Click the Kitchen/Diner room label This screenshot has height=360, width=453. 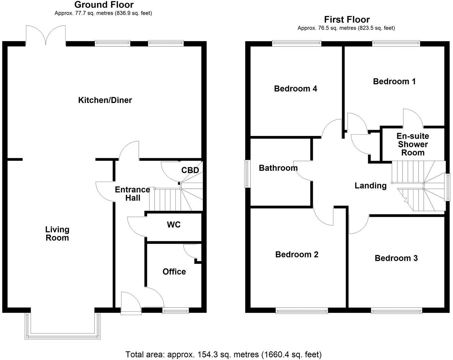pyautogui.click(x=105, y=100)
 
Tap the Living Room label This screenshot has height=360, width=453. pyautogui.click(x=57, y=234)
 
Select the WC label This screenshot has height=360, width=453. pyautogui.click(x=174, y=225)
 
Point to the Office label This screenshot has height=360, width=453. pyautogui.click(x=174, y=272)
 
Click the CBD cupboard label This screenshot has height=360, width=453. pyautogui.click(x=190, y=170)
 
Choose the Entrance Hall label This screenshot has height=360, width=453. pyautogui.click(x=132, y=194)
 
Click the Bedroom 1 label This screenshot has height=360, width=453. pyautogui.click(x=394, y=81)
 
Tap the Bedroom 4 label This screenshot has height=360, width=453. pyautogui.click(x=295, y=89)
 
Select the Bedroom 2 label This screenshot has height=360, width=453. pyautogui.click(x=297, y=255)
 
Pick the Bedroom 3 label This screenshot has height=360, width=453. pyautogui.click(x=396, y=258)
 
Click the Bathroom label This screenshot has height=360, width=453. pyautogui.click(x=278, y=168)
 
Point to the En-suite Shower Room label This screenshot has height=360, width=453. pyautogui.click(x=413, y=145)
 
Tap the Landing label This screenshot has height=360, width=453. pyautogui.click(x=370, y=186)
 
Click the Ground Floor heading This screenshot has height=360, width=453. pyautogui.click(x=104, y=5)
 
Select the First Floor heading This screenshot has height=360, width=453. pyautogui.click(x=347, y=19)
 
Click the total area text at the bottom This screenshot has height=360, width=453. pyautogui.click(x=223, y=355)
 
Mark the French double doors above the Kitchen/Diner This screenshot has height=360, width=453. pyautogui.click(x=45, y=35)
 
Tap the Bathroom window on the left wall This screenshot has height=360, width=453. pyautogui.click(x=247, y=174)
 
